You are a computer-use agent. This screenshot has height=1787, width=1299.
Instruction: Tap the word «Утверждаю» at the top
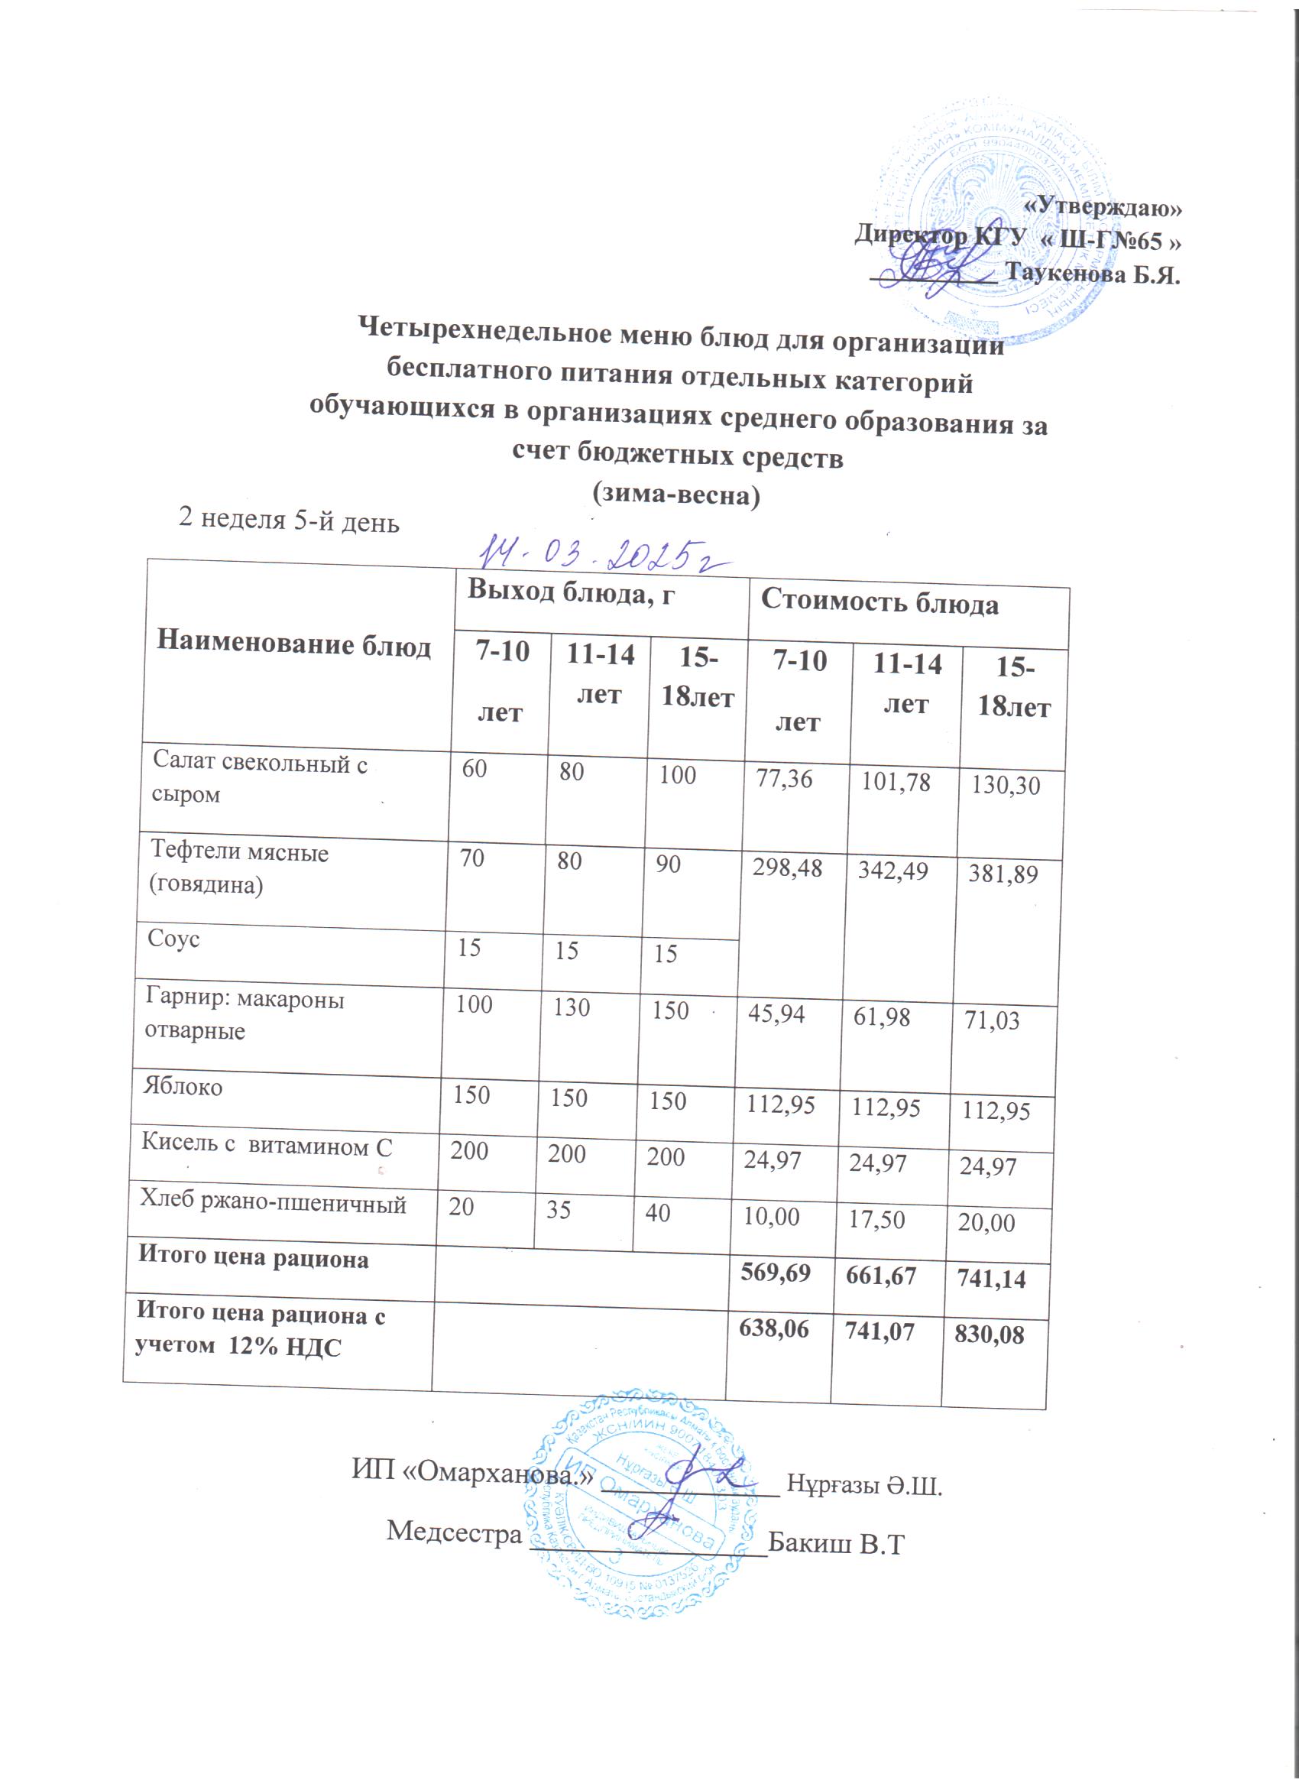[x=1103, y=206]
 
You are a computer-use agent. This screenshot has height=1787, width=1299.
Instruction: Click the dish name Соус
[x=174, y=939]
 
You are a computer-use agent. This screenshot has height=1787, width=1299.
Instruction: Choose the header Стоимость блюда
[x=879, y=605]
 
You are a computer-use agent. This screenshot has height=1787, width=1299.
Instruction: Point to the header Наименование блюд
[x=294, y=644]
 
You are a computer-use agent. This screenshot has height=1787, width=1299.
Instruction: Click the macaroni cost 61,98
[x=882, y=1017]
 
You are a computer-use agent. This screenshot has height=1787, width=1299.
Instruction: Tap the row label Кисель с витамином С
[x=266, y=1145]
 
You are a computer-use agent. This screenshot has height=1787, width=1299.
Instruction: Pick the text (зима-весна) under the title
[x=676, y=495]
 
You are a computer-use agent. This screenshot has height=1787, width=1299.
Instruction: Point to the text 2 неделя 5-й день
[x=289, y=520]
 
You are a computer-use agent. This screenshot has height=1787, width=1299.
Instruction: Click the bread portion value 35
[x=559, y=1208]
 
